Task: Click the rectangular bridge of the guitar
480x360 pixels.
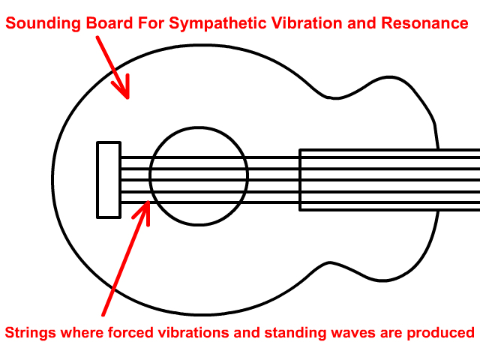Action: (x=109, y=180)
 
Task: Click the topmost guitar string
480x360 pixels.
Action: (x=210, y=157)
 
